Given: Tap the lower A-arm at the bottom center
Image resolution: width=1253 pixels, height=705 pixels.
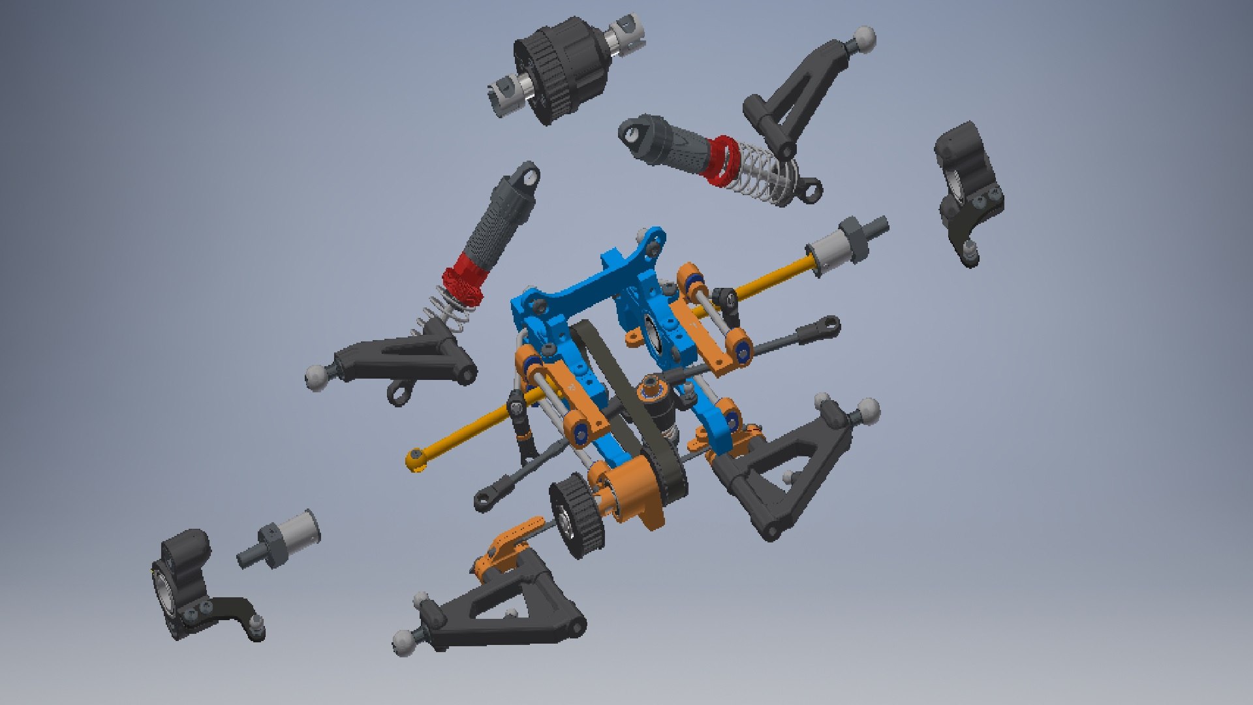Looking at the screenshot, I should pyautogui.click(x=503, y=607).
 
